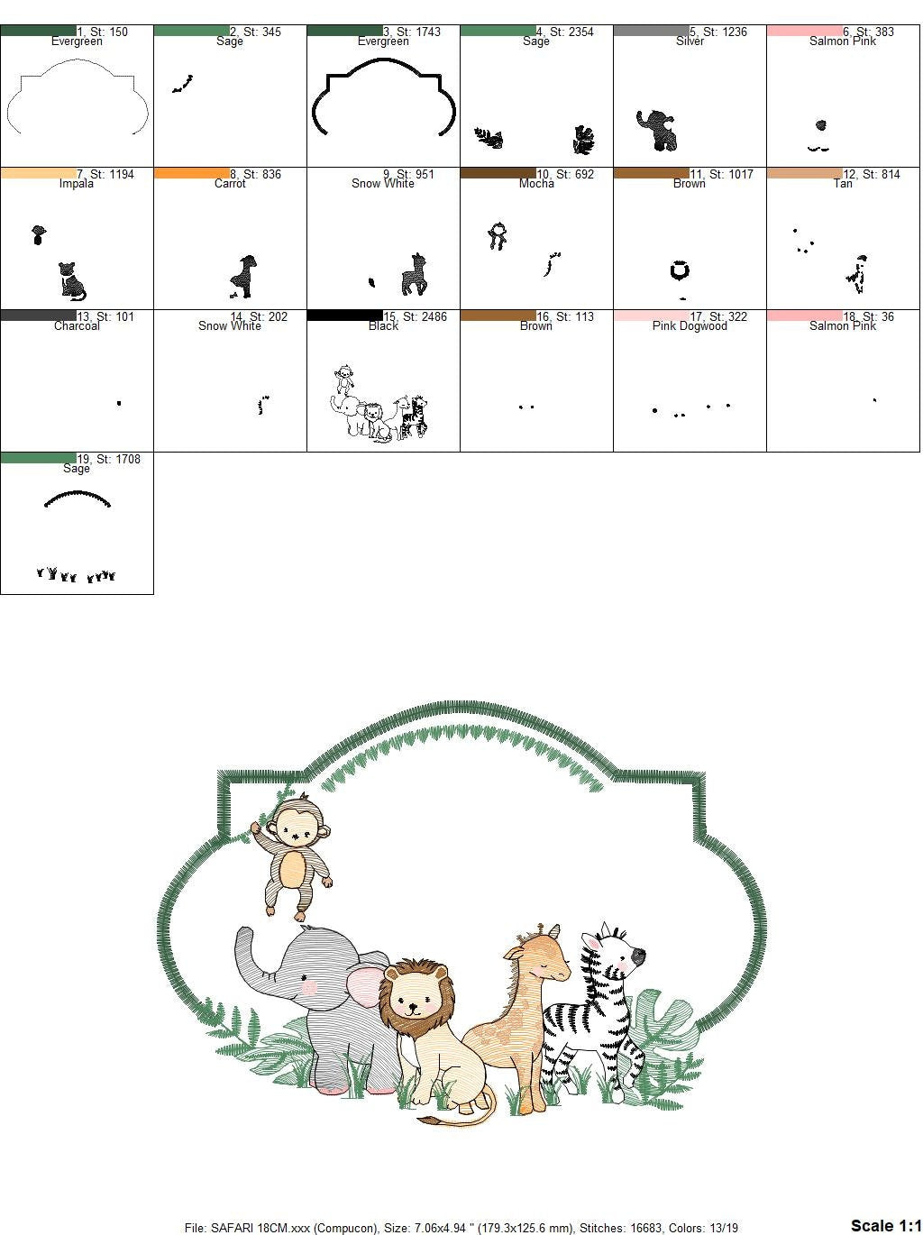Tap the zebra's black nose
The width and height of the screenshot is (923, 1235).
638,956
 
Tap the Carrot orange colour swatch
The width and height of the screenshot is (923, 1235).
192,173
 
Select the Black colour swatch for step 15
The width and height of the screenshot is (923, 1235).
345,316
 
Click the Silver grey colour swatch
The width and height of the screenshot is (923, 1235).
652,31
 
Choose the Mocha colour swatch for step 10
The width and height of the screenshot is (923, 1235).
498,173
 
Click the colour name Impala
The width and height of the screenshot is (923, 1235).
77,183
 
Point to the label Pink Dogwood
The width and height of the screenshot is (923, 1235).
690,325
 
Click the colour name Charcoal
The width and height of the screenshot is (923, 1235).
77,325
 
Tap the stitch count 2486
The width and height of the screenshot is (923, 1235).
425,316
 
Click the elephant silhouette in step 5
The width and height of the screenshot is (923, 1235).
656,130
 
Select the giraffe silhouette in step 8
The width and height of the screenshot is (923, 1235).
244,277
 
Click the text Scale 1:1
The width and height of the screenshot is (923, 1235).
886,1225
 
